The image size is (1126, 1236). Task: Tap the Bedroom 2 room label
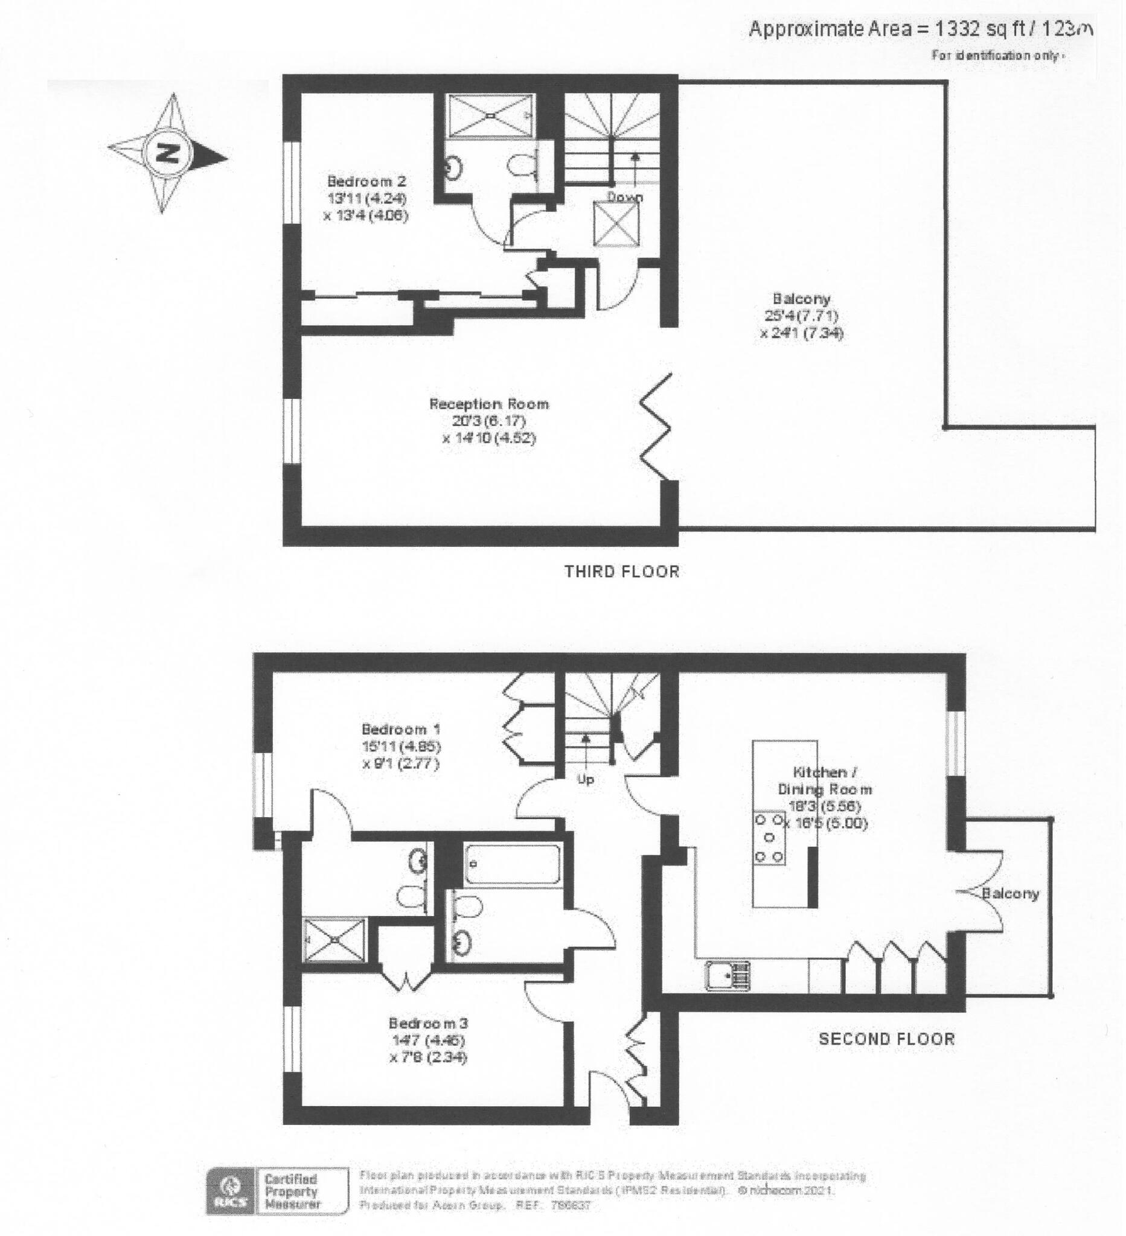click(366, 182)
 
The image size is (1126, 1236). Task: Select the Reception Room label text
click(488, 404)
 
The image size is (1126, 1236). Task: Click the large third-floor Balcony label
click(802, 299)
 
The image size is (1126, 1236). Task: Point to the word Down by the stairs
click(625, 197)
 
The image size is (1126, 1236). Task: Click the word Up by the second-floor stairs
click(585, 780)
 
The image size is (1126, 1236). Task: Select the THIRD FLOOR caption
click(621, 572)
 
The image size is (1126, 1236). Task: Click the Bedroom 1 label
click(401, 730)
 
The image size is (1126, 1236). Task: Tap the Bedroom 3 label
click(428, 1023)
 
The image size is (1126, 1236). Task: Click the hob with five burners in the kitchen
click(769, 838)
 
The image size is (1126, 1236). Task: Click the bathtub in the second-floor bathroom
click(512, 864)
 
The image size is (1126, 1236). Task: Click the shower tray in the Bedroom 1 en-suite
click(335, 939)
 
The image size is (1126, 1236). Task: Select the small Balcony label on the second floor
click(1010, 893)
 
